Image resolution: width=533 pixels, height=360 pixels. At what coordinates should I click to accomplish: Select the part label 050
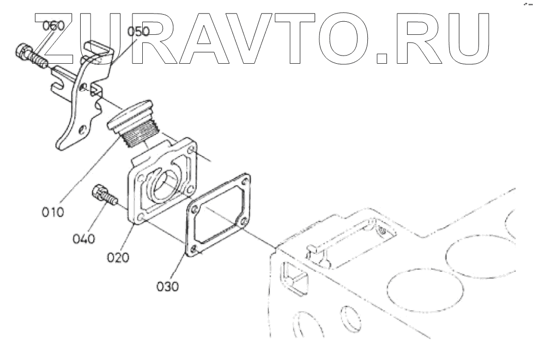point(138,31)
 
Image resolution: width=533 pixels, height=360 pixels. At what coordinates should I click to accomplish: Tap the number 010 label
point(52,211)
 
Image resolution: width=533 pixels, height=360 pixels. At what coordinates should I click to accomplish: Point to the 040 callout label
point(84,237)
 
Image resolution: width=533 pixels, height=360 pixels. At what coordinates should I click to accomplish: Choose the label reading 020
point(118,257)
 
